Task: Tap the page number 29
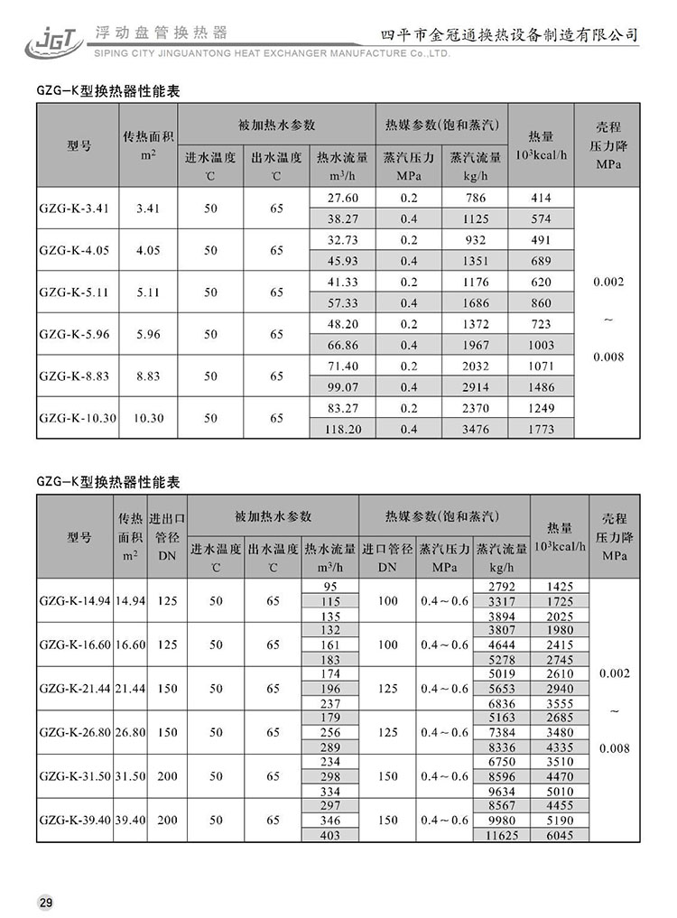pyautogui.click(x=46, y=902)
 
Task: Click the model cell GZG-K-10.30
pyautogui.click(x=78, y=418)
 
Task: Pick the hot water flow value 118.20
pyautogui.click(x=342, y=430)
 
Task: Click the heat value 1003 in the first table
pyautogui.click(x=541, y=345)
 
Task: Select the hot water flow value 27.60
pyautogui.click(x=342, y=198)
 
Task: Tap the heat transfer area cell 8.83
pyautogui.click(x=148, y=376)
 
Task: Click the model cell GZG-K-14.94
pyautogui.click(x=75, y=599)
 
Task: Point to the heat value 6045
pyautogui.click(x=560, y=836)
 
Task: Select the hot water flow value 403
pyautogui.click(x=330, y=836)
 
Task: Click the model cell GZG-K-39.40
pyautogui.click(x=75, y=820)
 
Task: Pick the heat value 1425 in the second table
pyautogui.click(x=560, y=587)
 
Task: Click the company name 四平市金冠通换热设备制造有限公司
pyautogui.click(x=511, y=34)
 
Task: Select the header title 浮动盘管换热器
pyautogui.click(x=150, y=33)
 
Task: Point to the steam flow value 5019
pyautogui.click(x=501, y=672)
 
